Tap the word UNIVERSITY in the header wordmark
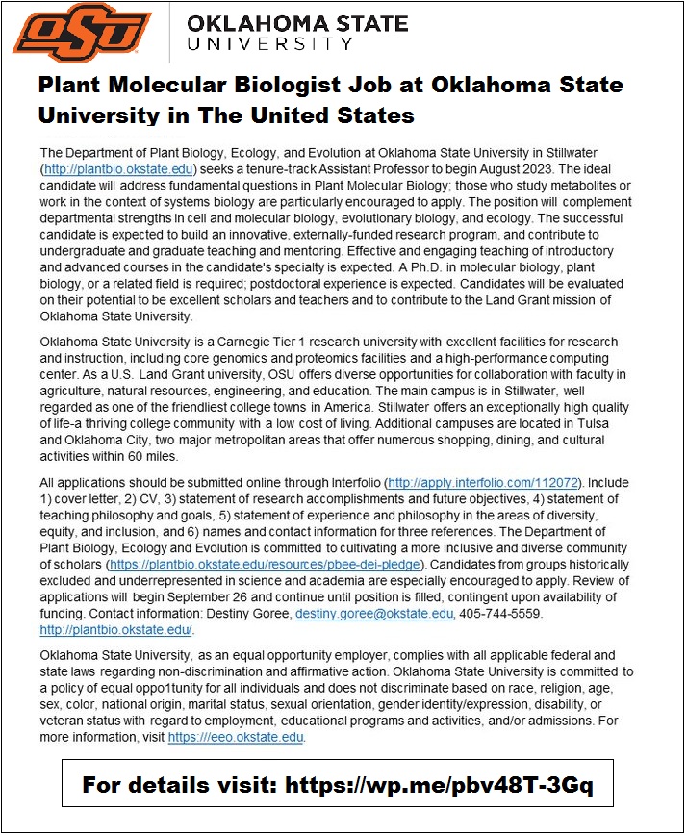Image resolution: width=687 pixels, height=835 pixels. (x=271, y=44)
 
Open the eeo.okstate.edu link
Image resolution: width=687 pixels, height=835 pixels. (x=237, y=736)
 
